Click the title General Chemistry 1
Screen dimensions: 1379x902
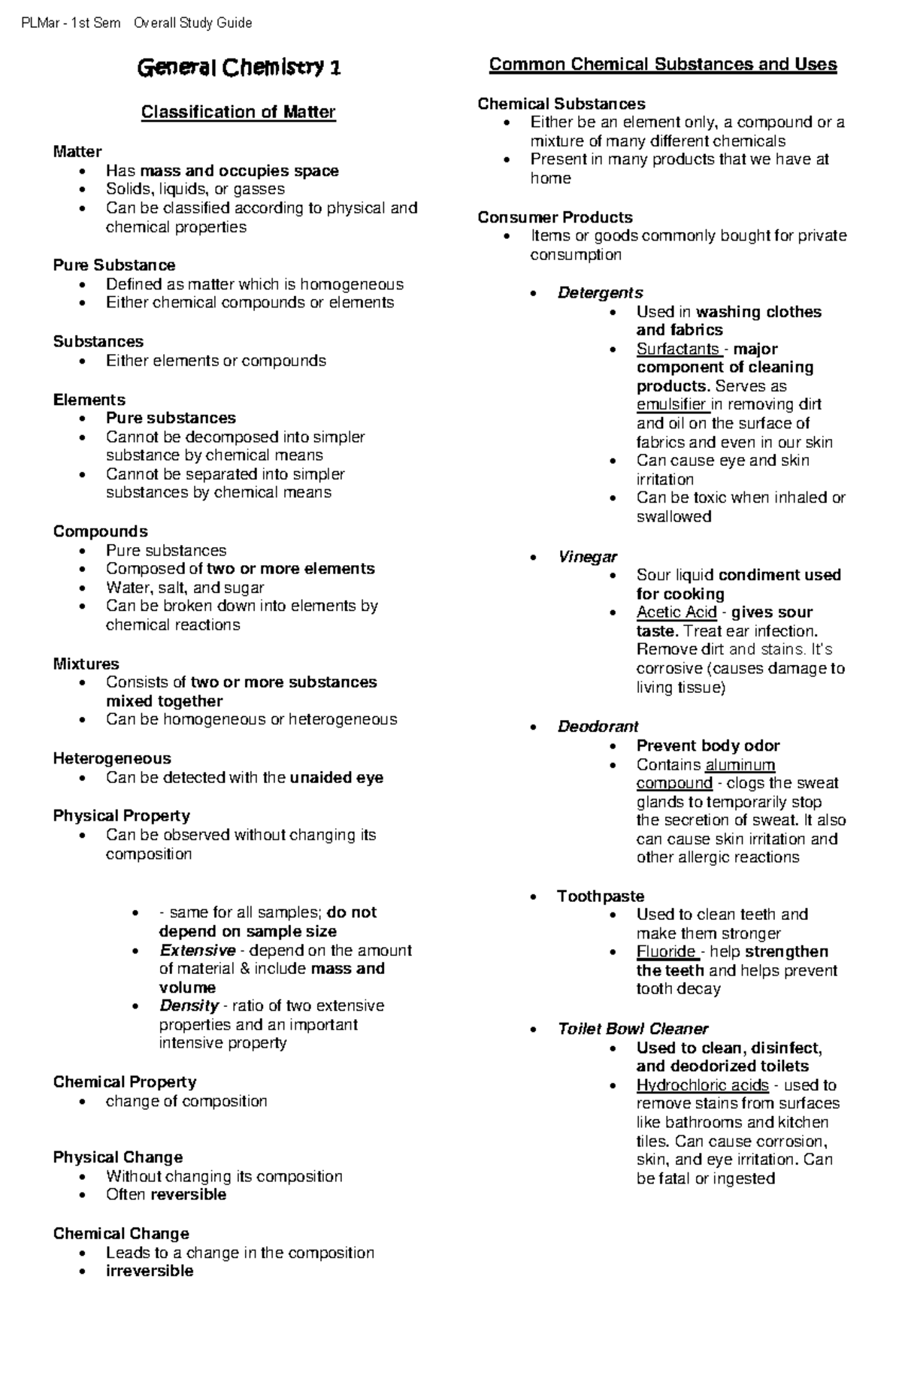pyautogui.click(x=238, y=68)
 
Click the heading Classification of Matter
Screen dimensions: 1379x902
pyautogui.click(x=238, y=112)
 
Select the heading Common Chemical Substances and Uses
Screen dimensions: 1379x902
pyautogui.click(x=662, y=65)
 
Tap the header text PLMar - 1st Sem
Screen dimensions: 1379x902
pyautogui.click(x=71, y=23)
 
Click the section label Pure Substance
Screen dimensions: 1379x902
pyautogui.click(x=114, y=265)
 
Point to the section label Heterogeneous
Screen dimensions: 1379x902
pyautogui.click(x=112, y=758)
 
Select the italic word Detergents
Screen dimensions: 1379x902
pyautogui.click(x=600, y=292)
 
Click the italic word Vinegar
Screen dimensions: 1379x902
pyautogui.click(x=586, y=557)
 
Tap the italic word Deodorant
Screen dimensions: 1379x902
pyautogui.click(x=598, y=727)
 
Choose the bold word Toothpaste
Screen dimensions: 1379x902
pyautogui.click(x=600, y=896)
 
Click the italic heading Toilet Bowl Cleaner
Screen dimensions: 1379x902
pyautogui.click(x=632, y=1029)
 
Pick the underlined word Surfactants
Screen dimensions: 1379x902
pyautogui.click(x=677, y=349)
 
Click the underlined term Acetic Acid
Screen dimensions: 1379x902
pyautogui.click(x=676, y=612)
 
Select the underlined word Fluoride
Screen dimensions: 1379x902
pyautogui.click(x=666, y=951)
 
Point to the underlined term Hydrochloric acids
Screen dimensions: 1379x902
pyautogui.click(x=702, y=1085)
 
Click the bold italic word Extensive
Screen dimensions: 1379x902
pyautogui.click(x=197, y=951)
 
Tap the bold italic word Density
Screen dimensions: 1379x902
pyautogui.click(x=189, y=1006)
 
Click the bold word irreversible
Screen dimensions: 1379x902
pyautogui.click(x=150, y=1271)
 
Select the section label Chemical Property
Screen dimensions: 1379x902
pyautogui.click(x=125, y=1082)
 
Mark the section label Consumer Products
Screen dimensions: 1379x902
pyautogui.click(x=555, y=217)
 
